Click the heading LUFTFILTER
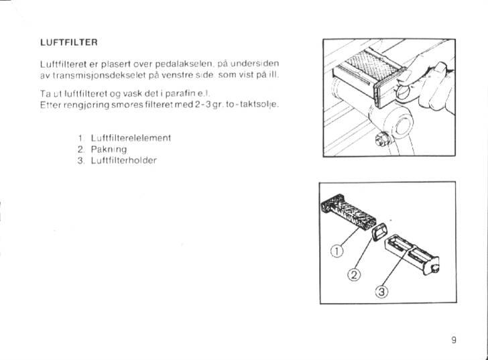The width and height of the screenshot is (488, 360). click(x=69, y=43)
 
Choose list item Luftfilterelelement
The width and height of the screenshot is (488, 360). click(x=131, y=137)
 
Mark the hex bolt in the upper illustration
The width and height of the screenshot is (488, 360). click(x=384, y=139)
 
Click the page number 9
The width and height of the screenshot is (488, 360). click(x=454, y=340)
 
